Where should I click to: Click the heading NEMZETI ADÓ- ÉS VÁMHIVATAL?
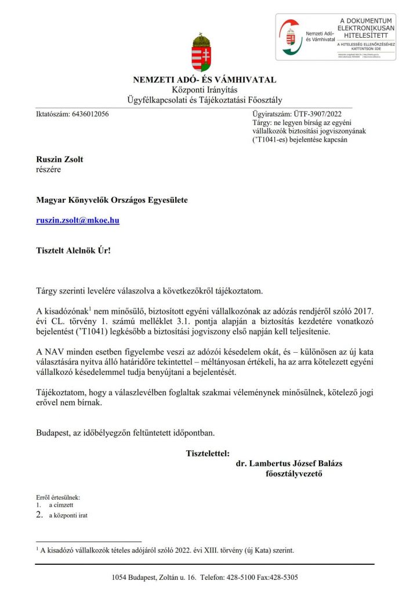(205, 80)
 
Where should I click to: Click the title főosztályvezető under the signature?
(292, 474)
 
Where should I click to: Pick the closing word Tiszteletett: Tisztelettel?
(207, 453)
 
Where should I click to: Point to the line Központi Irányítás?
(205, 89)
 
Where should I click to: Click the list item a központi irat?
(68, 515)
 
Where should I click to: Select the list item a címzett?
(61, 506)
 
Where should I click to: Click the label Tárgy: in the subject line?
(262, 123)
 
